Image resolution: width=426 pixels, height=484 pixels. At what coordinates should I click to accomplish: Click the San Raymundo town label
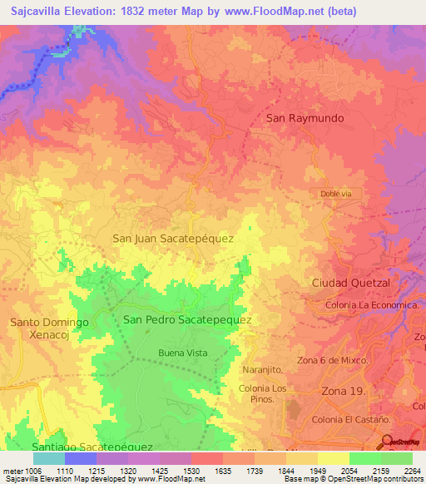[304, 118]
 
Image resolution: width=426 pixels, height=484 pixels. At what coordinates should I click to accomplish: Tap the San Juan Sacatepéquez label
[172, 238]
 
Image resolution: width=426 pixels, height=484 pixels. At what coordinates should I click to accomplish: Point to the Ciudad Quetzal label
[350, 283]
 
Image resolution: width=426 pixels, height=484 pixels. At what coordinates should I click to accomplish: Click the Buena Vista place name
[183, 353]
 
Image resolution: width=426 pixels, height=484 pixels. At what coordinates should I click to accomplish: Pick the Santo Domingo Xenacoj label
[49, 327]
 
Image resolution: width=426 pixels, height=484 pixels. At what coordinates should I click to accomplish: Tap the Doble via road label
[335, 193]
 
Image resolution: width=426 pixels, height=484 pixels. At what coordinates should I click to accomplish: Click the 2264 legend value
[412, 470]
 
